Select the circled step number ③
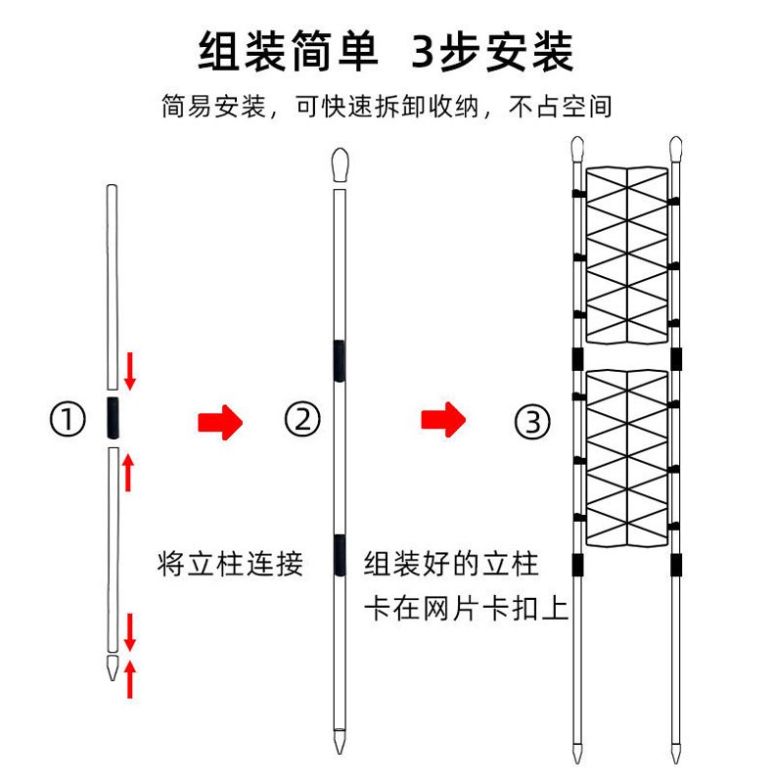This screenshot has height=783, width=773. (x=532, y=422)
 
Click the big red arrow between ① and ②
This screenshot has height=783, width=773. (x=219, y=422)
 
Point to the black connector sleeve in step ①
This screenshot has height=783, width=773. (x=113, y=419)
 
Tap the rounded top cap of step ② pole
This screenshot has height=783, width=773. (x=340, y=165)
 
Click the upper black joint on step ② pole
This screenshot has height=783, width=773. (x=339, y=359)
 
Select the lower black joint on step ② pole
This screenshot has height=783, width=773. (x=339, y=554)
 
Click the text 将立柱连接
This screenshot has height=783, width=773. (x=231, y=564)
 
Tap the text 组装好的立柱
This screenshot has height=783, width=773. (x=451, y=565)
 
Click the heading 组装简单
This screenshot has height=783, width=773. (x=288, y=50)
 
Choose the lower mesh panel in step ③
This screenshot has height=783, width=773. (x=626, y=458)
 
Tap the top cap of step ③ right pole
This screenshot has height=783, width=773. (x=674, y=149)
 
